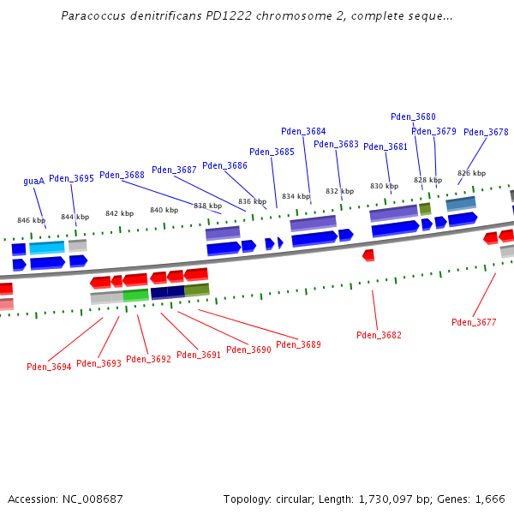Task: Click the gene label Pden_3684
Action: (x=303, y=131)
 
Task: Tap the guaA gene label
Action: (x=33, y=182)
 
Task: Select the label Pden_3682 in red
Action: (x=379, y=335)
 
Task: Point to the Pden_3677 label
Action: (x=474, y=322)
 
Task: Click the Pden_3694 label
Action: (x=49, y=367)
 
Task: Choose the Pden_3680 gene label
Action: (x=413, y=117)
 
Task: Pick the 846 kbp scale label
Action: (x=31, y=221)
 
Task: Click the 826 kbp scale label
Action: (x=471, y=173)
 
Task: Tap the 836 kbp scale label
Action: (x=252, y=202)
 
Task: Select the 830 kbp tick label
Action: (x=384, y=186)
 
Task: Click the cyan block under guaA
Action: (x=47, y=248)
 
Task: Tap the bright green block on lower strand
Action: (x=135, y=296)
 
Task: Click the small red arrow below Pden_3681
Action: (x=368, y=255)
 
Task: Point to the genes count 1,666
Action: (x=488, y=499)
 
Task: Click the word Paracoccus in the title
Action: (x=91, y=16)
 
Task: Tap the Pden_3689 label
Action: (x=299, y=344)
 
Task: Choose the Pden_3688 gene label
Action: (x=122, y=175)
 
